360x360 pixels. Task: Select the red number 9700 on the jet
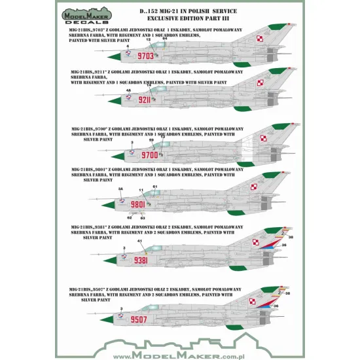pos(150,156)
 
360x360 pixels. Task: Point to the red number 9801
pos(138,205)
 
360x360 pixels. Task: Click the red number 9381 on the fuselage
pos(142,260)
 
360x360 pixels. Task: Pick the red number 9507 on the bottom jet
pos(140,320)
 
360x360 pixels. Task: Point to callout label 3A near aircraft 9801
pos(120,190)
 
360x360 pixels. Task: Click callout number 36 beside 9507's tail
pos(276,306)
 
